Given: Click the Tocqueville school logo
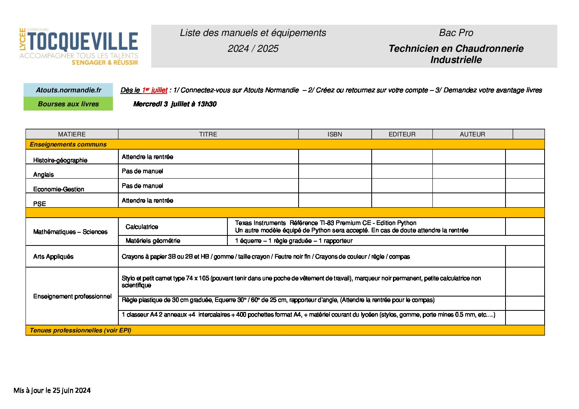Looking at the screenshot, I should point(79,46).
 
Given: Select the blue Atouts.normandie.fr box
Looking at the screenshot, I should point(68,90).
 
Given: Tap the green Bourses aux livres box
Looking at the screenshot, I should point(68,104).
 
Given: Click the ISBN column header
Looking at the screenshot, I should point(335,134).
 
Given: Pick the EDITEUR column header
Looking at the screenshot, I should point(402,134).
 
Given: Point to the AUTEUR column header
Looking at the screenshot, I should point(472,134).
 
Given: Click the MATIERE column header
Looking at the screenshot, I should point(72,134).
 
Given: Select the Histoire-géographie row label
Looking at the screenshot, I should point(60,160).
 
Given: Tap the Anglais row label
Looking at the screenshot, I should point(43,174).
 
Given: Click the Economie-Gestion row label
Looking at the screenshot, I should point(59,189).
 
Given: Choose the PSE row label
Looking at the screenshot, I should point(39,204).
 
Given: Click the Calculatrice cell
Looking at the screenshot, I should point(142,227).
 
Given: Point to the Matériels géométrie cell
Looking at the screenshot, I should point(153,241).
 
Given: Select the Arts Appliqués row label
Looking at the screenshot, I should point(53,257).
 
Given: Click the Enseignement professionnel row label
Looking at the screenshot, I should point(72,297).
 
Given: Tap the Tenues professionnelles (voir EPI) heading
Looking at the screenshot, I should point(80,331).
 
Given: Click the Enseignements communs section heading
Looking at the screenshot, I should point(68,145).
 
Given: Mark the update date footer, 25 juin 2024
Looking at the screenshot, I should point(52,390).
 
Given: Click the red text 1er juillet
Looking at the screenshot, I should point(155,90).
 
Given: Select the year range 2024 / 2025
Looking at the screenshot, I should point(253,49).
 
